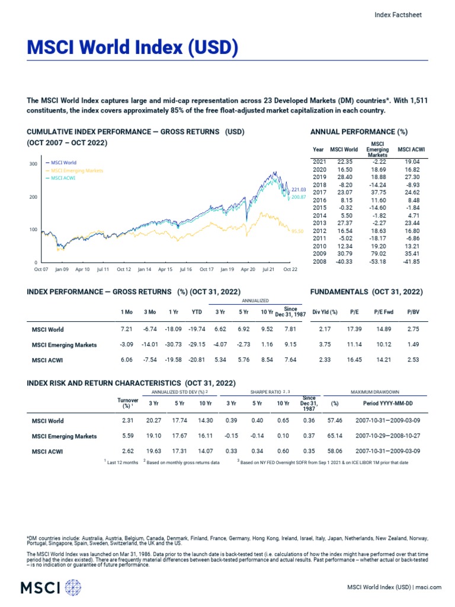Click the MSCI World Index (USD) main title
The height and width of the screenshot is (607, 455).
point(132,48)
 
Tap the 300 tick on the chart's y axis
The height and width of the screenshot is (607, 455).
point(33,164)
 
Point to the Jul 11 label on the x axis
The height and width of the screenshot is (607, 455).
point(103,269)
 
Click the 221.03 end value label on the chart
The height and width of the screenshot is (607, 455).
point(298,190)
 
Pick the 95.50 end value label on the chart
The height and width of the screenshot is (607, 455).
point(297,231)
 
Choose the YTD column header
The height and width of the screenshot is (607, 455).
point(197,312)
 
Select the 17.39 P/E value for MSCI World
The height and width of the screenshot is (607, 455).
point(354,329)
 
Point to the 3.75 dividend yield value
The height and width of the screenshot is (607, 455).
point(325,344)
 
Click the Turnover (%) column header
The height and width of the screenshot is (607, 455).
point(128,404)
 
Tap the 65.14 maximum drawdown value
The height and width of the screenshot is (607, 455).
point(335,436)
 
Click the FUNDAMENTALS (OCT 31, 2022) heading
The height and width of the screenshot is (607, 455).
point(367,292)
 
